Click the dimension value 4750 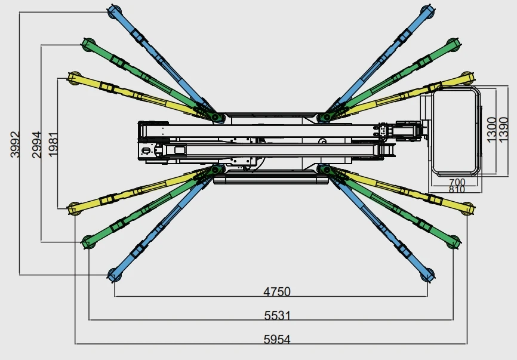pyautogui.click(x=276, y=292)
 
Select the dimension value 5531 pyautogui.click(x=277, y=315)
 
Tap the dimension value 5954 pyautogui.click(x=277, y=339)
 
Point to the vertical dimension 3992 pyautogui.click(x=15, y=144)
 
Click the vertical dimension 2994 pyautogui.click(x=37, y=144)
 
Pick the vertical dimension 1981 pyautogui.click(x=54, y=144)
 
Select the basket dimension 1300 pyautogui.click(x=490, y=130)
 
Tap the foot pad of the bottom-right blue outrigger pyautogui.click(x=427, y=275)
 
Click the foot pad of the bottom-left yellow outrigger pyautogui.click(x=73, y=208)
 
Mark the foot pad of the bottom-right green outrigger pyautogui.click(x=454, y=242)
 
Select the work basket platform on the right pyautogui.click(x=456, y=131)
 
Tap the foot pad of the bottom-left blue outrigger pyautogui.click(x=113, y=275)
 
